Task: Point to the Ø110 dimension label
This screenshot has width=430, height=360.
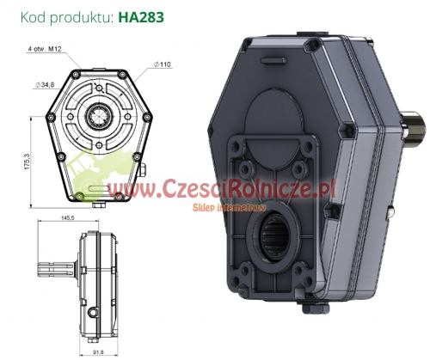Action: pyautogui.click(x=164, y=64)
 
